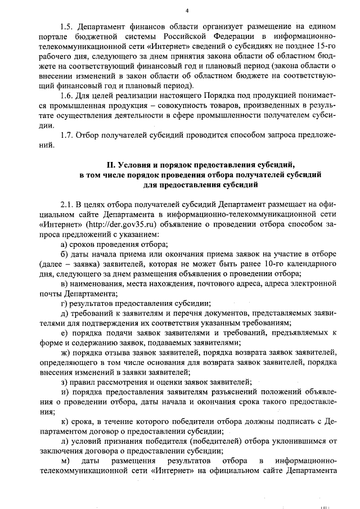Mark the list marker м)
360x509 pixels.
[65, 461]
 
